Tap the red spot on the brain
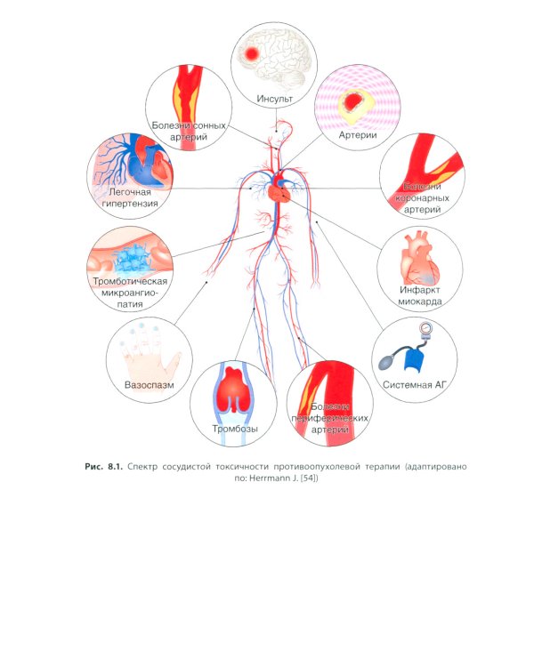[x=253, y=54]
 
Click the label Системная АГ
[x=414, y=385]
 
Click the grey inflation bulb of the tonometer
[x=389, y=361]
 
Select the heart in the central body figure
[x=277, y=189]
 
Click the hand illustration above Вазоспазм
[x=151, y=356]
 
